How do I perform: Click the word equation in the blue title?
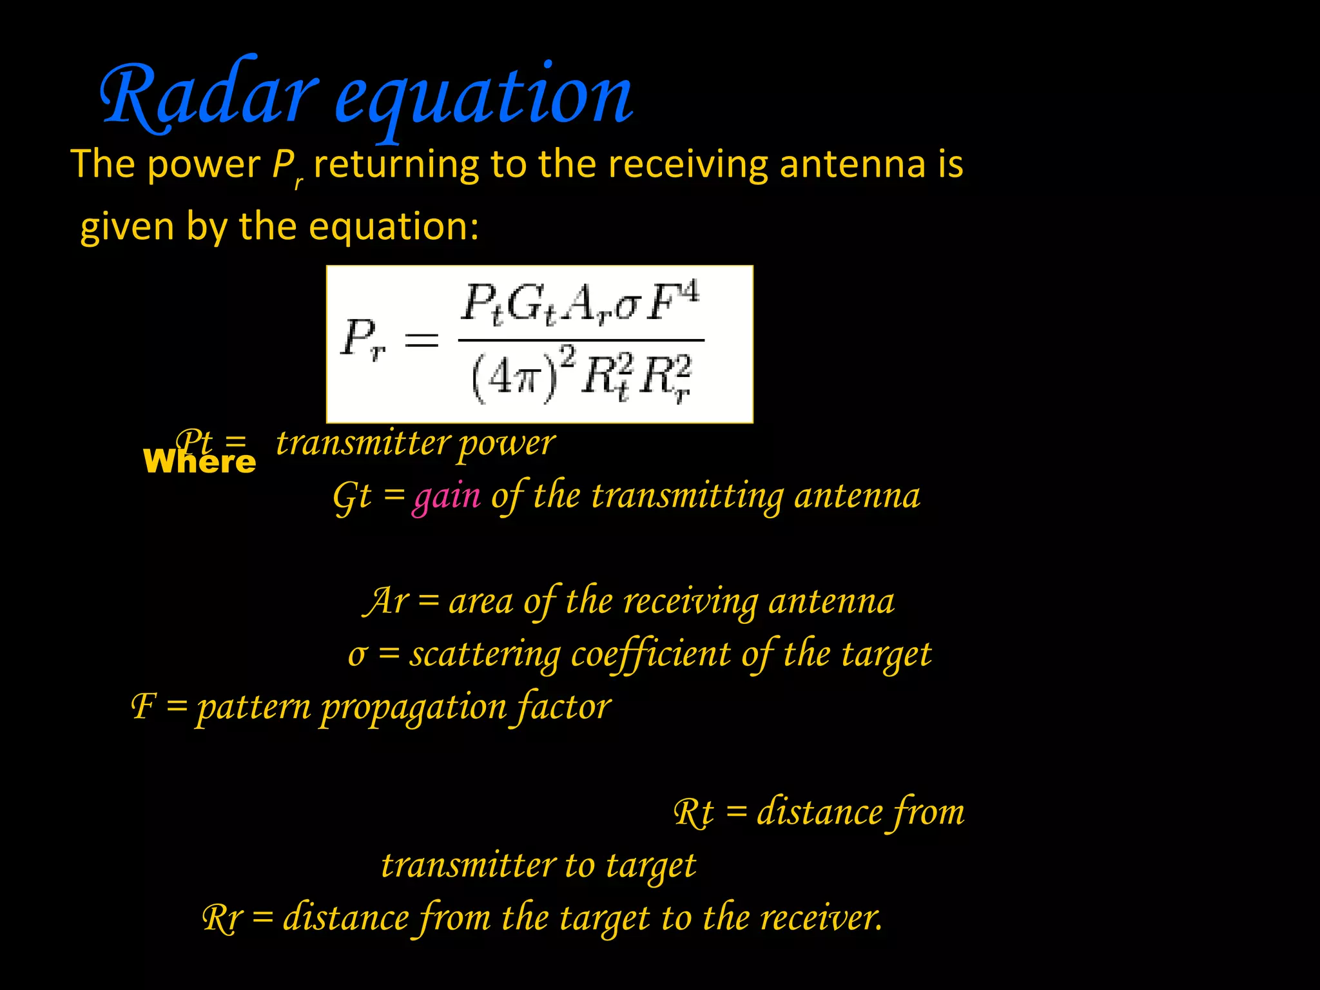click(x=483, y=97)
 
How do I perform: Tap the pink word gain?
click(x=447, y=497)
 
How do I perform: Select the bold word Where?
click(x=199, y=462)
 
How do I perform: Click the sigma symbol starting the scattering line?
click(x=358, y=655)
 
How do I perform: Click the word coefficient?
click(x=651, y=655)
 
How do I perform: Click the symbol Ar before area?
click(x=386, y=601)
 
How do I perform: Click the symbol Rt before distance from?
click(x=694, y=813)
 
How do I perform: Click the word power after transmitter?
click(x=506, y=444)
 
